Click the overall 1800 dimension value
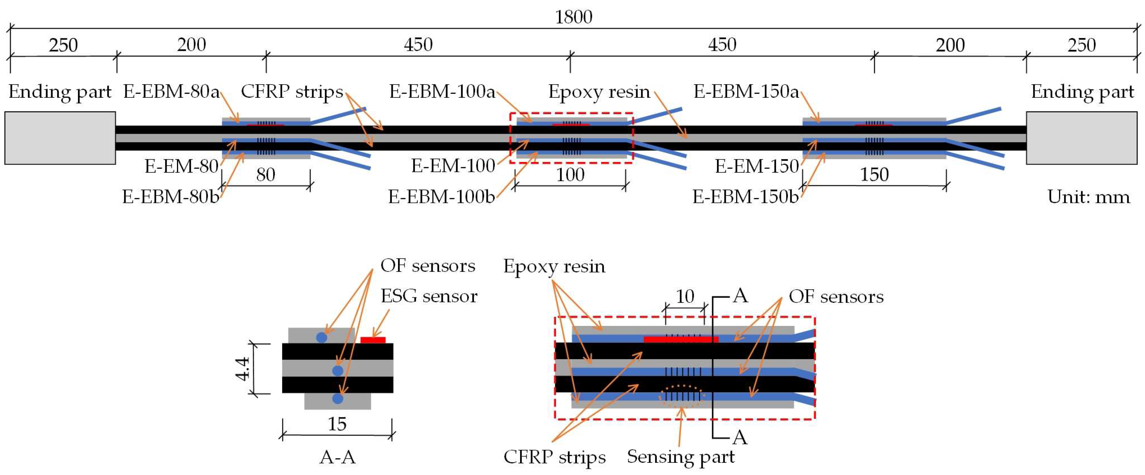pos(573,17)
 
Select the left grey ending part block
pos(60,138)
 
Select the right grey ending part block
pos(1081,138)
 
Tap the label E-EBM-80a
pos(172,92)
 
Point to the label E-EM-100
pos(453,166)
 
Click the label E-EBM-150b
pos(745,197)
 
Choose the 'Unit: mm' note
pos(1088,197)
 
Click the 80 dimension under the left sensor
pos(265,174)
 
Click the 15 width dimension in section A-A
pos(337,424)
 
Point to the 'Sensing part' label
pos(680,457)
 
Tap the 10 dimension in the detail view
pos(685,296)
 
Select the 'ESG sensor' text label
pos(429,296)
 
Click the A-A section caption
pos(337,457)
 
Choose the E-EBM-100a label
pos(442,92)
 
